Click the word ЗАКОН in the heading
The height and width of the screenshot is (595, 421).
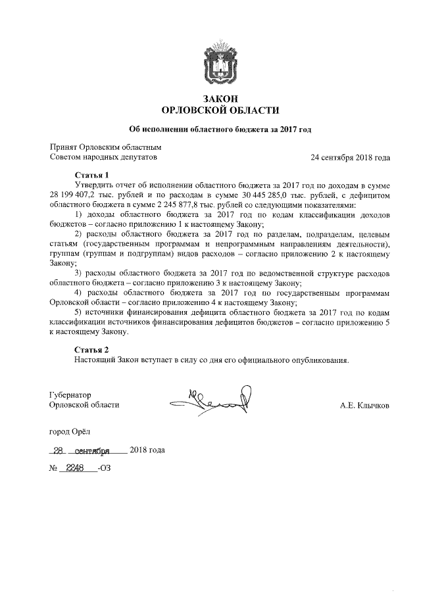(220, 98)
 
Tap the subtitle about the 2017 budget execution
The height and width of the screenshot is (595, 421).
(220, 130)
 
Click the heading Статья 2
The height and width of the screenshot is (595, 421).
(91, 349)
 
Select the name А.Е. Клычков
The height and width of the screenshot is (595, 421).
(364, 406)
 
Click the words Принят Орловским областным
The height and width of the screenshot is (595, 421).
(105, 148)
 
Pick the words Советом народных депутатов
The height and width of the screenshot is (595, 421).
(103, 158)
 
